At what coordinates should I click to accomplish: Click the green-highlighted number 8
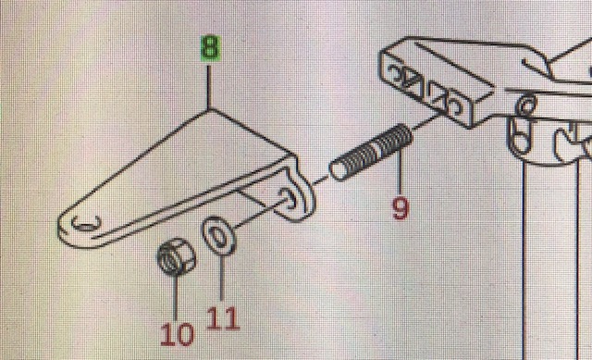tap(210, 48)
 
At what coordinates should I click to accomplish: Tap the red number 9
tap(401, 208)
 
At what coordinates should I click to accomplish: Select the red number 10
tap(177, 334)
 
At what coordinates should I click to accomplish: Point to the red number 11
tap(223, 318)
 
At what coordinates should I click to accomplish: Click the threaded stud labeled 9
tap(371, 153)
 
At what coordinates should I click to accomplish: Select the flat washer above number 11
tap(218, 236)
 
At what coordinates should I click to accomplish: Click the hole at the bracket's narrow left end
tap(86, 223)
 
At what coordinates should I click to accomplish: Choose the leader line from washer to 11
tap(222, 278)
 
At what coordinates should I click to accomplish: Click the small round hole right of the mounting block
tap(526, 105)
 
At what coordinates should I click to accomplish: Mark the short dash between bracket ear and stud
tap(320, 181)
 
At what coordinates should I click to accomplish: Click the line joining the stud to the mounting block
tap(427, 120)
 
